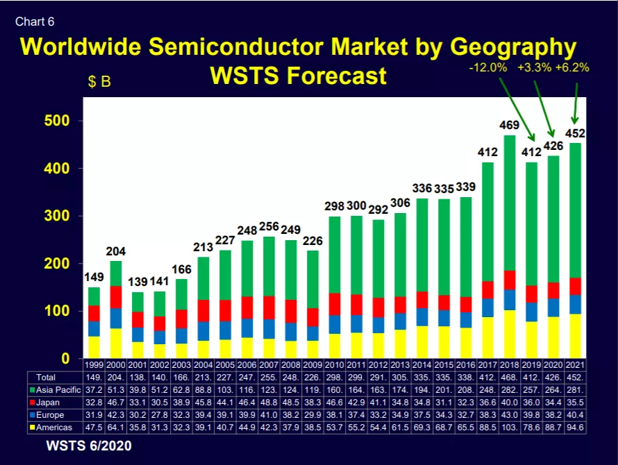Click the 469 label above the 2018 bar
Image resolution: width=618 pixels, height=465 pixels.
[509, 126]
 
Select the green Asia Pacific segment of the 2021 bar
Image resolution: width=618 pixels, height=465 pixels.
[575, 210]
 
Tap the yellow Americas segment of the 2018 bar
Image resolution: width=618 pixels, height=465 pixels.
[510, 334]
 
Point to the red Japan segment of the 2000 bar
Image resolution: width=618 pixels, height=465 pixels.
[116, 297]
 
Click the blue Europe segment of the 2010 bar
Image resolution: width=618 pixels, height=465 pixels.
[335, 324]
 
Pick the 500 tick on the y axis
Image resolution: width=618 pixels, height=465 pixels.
[57, 121]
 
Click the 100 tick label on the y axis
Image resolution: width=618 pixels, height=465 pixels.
[57, 311]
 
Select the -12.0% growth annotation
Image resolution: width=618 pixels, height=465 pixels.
[488, 68]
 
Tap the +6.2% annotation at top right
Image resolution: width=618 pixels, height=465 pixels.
[572, 68]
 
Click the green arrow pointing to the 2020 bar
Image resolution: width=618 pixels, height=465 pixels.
[544, 109]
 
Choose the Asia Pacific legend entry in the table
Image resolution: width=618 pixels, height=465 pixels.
[55, 390]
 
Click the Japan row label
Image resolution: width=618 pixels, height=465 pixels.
[44, 403]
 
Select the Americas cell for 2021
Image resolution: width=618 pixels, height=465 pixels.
[575, 428]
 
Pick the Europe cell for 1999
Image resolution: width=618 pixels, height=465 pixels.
[94, 415]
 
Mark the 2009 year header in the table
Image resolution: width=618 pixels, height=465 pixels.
[312, 365]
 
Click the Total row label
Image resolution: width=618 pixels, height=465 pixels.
[46, 378]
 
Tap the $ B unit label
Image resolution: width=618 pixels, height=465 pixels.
[99, 82]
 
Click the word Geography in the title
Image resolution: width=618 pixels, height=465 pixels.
[513, 47]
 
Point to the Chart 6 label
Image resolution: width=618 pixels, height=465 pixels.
[35, 22]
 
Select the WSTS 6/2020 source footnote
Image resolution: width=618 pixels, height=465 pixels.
[89, 446]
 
